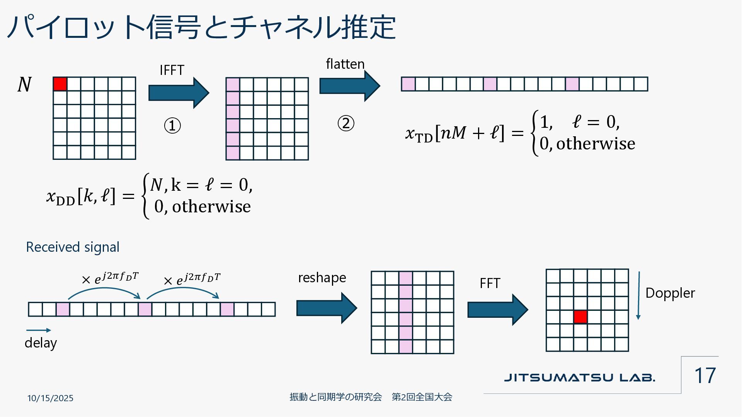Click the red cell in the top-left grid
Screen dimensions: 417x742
point(60,84)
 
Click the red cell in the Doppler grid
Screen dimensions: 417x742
point(580,317)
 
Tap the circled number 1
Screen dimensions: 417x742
point(172,125)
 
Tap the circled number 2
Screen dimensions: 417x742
point(346,124)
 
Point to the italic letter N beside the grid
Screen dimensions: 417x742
point(24,84)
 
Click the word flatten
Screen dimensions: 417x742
point(345,64)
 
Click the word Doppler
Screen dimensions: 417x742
point(670,293)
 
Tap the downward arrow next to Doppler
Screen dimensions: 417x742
point(638,296)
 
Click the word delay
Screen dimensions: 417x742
point(41,343)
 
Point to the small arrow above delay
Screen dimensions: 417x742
point(38,330)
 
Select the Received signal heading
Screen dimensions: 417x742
point(73,247)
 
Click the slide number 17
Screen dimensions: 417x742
point(705,375)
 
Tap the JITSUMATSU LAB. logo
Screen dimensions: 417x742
point(580,377)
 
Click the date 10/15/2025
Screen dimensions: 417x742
point(50,398)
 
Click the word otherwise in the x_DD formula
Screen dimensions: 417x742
point(211,207)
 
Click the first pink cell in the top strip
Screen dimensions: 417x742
point(408,84)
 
